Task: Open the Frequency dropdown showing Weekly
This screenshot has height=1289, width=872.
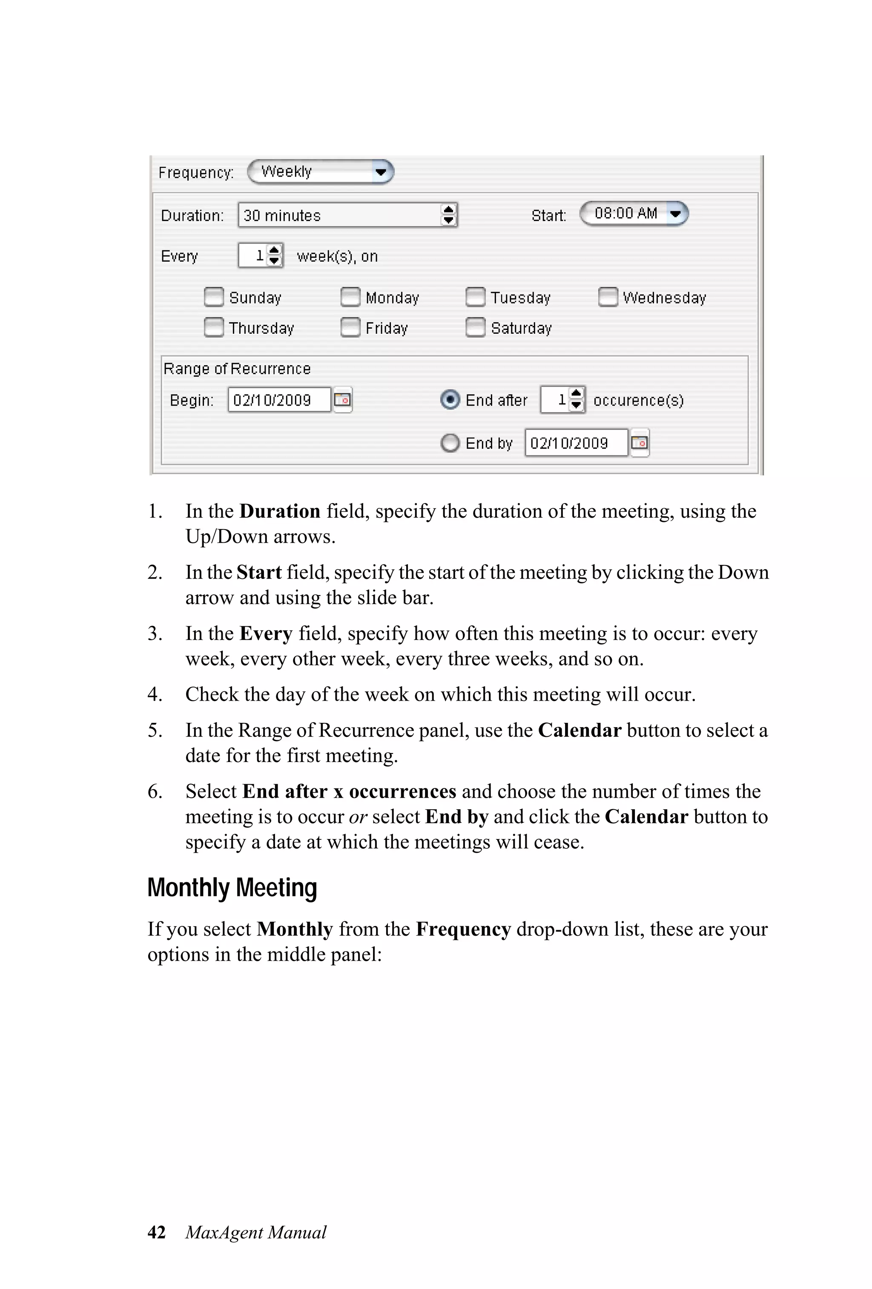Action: [x=320, y=172]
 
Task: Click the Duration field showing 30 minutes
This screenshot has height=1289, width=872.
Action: [x=339, y=215]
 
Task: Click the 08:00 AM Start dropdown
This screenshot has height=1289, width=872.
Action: [x=634, y=214]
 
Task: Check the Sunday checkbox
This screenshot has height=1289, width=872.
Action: [x=214, y=297]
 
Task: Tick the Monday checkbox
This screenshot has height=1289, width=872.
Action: [x=350, y=297]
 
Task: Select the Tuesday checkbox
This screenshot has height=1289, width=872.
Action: [x=475, y=297]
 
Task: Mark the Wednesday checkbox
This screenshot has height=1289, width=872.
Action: [x=608, y=297]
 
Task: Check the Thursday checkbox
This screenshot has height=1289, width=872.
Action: [x=214, y=327]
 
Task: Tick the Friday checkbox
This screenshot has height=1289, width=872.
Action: [x=350, y=327]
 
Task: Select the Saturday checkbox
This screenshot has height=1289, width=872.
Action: [x=475, y=327]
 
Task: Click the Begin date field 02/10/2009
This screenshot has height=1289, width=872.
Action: [x=278, y=400]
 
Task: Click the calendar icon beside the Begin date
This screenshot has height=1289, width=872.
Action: [x=343, y=400]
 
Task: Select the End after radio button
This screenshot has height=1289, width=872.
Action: [x=450, y=400]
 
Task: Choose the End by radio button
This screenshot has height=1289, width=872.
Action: [x=450, y=443]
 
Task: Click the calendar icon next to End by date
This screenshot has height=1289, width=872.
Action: [x=640, y=443]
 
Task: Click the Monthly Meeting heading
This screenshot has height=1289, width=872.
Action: [x=232, y=888]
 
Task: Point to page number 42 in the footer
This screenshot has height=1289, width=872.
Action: [x=156, y=1232]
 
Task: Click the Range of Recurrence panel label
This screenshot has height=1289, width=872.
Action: [x=237, y=369]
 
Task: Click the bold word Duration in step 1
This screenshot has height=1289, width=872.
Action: [x=280, y=511]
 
